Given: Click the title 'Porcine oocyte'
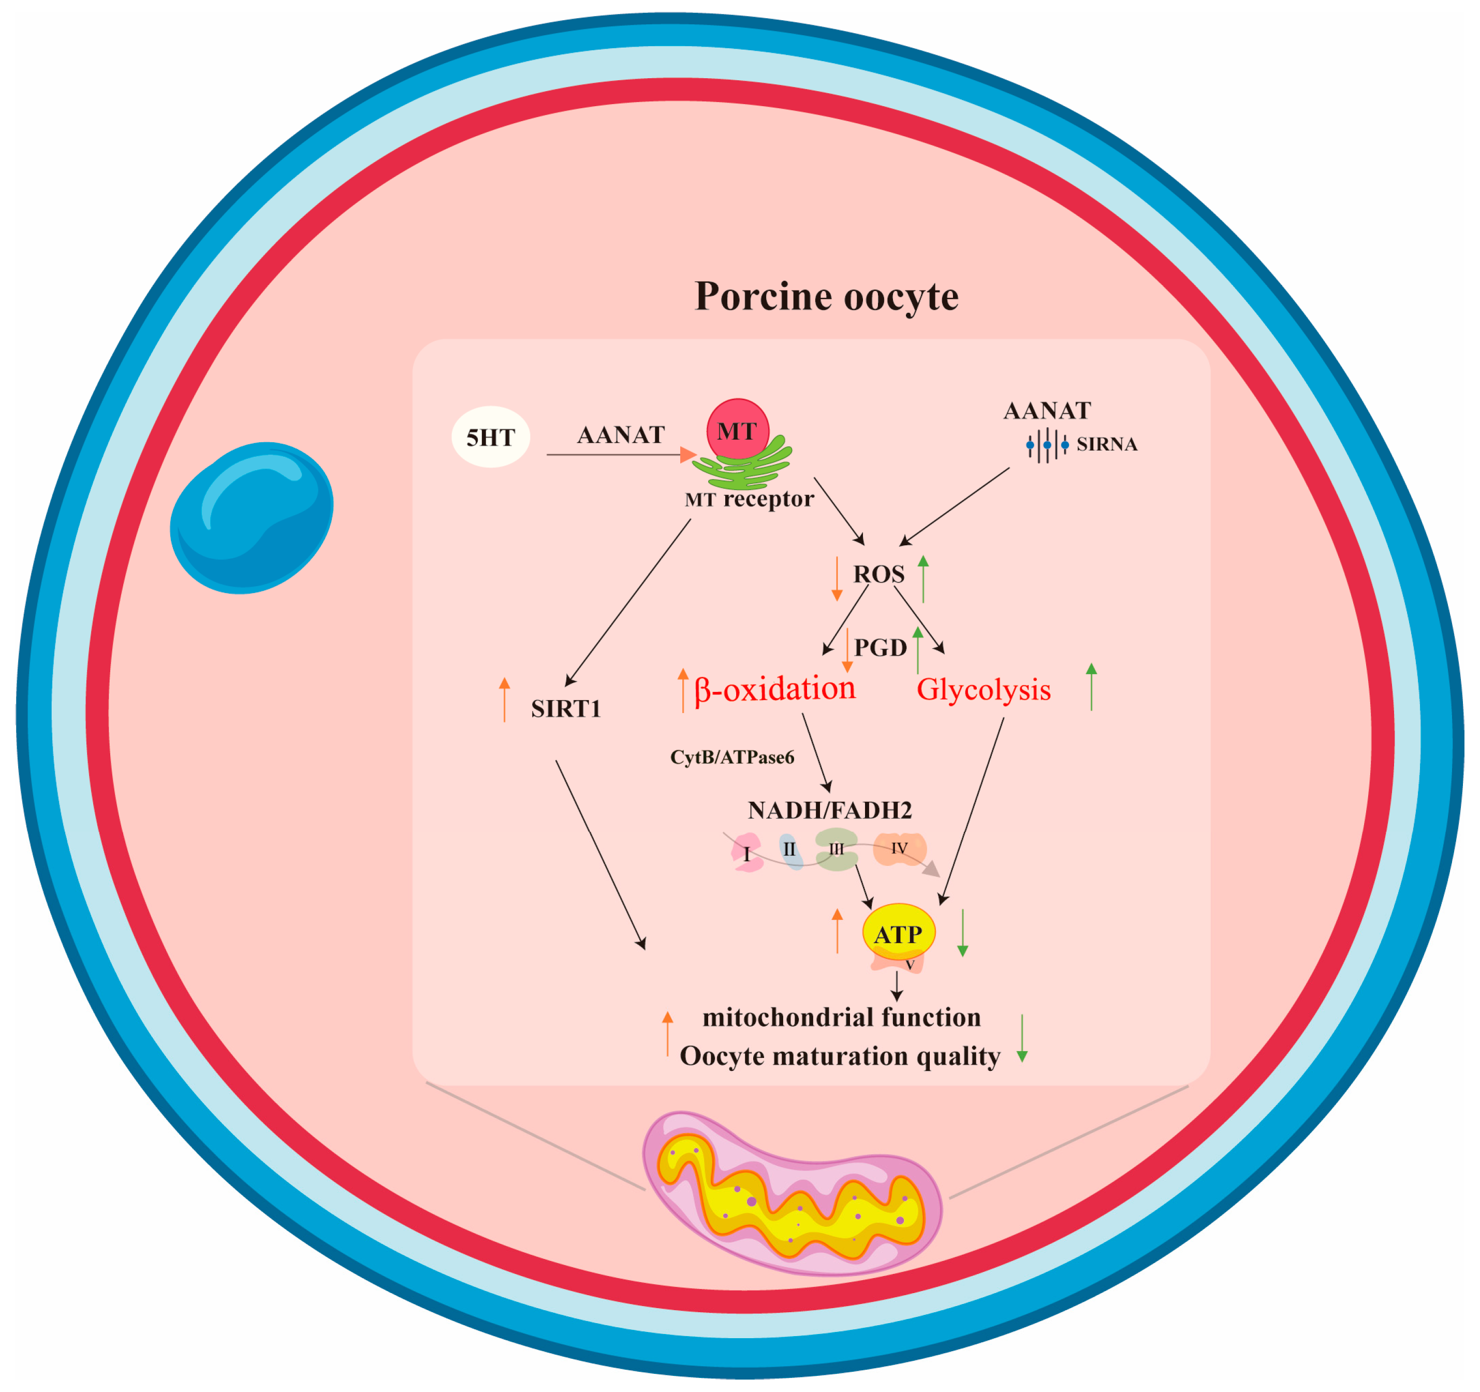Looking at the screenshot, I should pos(826,296).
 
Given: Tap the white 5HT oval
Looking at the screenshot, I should pos(491,437).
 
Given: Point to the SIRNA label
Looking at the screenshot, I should pos(1106,445).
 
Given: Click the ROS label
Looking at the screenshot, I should pos(878,574).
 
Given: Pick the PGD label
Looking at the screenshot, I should pos(880,648).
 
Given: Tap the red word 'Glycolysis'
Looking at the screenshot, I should pos(984,690).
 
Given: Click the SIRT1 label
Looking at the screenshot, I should pos(566,709).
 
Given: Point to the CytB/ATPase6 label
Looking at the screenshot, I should pos(732,758).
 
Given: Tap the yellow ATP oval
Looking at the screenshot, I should pos(899,933).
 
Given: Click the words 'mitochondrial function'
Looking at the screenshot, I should pos(841,1018).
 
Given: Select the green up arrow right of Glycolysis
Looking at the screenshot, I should pos(1091,686).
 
